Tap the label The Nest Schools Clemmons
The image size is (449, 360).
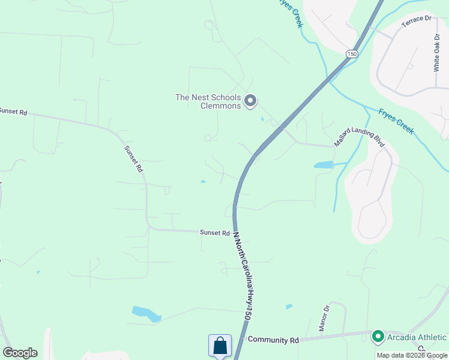tap(208, 101)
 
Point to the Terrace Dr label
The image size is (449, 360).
tap(417, 19)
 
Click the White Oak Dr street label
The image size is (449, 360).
tap(437, 52)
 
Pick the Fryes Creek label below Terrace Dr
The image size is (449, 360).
tap(396, 121)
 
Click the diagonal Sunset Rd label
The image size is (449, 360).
tap(133, 159)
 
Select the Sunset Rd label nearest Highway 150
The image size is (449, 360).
tap(215, 233)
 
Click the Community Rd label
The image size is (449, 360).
tap(273, 340)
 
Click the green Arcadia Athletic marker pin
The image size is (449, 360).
tap(378, 336)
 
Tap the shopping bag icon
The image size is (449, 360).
tap(220, 346)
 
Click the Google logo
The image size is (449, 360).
tap(20, 353)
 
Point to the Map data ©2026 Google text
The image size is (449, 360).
tap(411, 355)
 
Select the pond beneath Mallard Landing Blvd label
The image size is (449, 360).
tap(323, 164)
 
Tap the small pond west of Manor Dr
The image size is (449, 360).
tap(289, 307)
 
